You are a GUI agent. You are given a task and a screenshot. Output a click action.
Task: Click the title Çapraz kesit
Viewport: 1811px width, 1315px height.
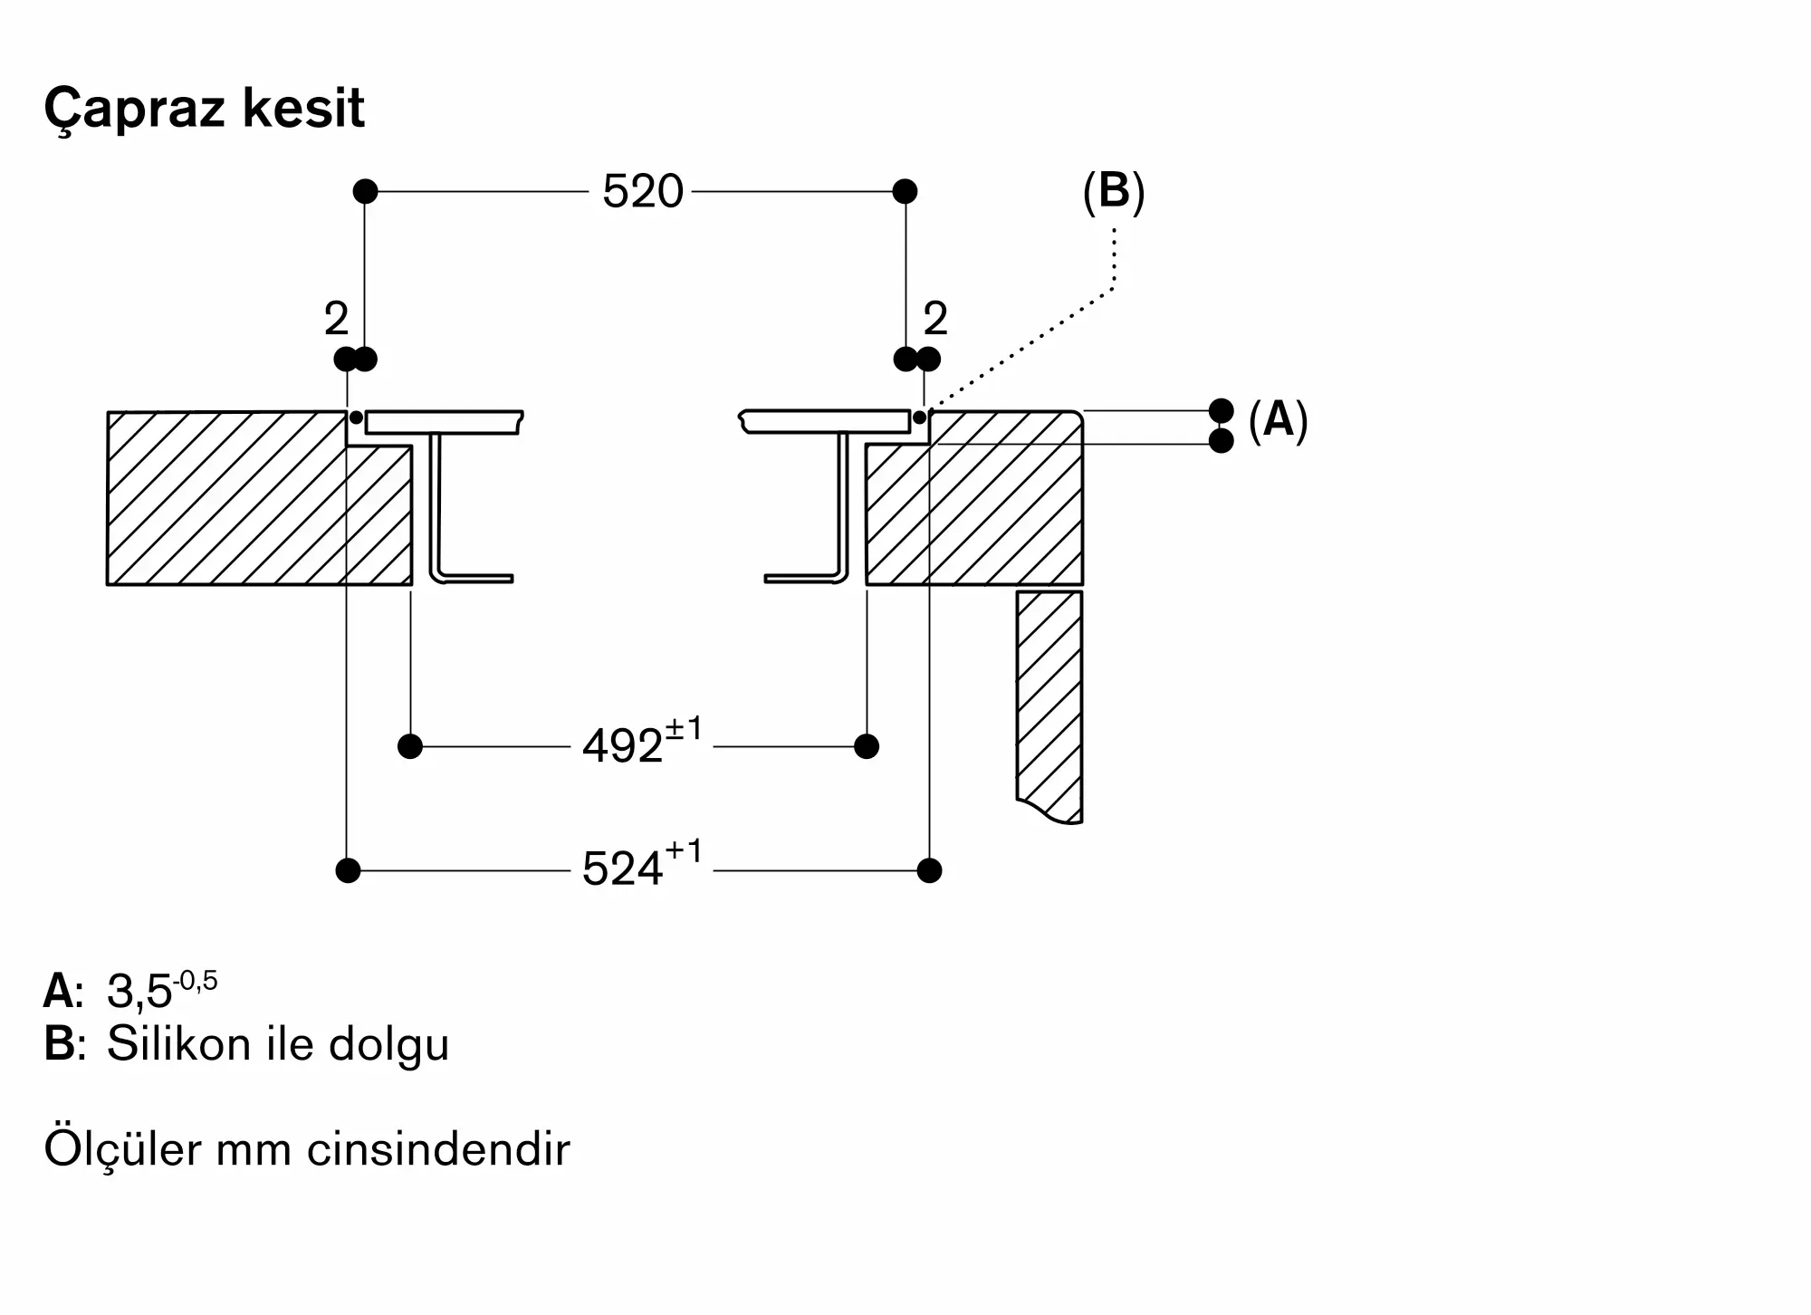(204, 109)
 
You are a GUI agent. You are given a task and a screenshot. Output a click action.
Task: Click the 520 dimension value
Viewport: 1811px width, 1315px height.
(643, 192)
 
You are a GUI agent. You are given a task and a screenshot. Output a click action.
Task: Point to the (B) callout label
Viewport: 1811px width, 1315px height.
(1114, 192)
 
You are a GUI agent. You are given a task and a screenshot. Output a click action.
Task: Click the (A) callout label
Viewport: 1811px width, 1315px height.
(1278, 420)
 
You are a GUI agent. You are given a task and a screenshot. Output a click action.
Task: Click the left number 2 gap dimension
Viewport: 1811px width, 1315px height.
(336, 319)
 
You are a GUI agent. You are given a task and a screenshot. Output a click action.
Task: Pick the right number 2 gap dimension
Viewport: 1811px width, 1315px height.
(935, 319)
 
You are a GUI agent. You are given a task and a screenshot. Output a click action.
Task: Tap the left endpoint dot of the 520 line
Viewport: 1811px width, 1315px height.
(365, 191)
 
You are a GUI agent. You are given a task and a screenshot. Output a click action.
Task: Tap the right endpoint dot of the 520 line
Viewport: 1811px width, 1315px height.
(905, 191)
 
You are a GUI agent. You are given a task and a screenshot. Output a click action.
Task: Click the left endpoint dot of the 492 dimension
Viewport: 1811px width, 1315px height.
(410, 746)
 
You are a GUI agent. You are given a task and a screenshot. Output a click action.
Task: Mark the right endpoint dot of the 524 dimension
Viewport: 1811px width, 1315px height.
(929, 870)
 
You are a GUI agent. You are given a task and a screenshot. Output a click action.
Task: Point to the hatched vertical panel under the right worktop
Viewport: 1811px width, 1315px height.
(1049, 706)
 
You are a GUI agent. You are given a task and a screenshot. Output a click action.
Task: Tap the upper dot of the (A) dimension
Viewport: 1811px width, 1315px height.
(1222, 410)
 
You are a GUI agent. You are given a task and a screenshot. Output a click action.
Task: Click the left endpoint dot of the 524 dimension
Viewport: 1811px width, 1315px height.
(348, 870)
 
